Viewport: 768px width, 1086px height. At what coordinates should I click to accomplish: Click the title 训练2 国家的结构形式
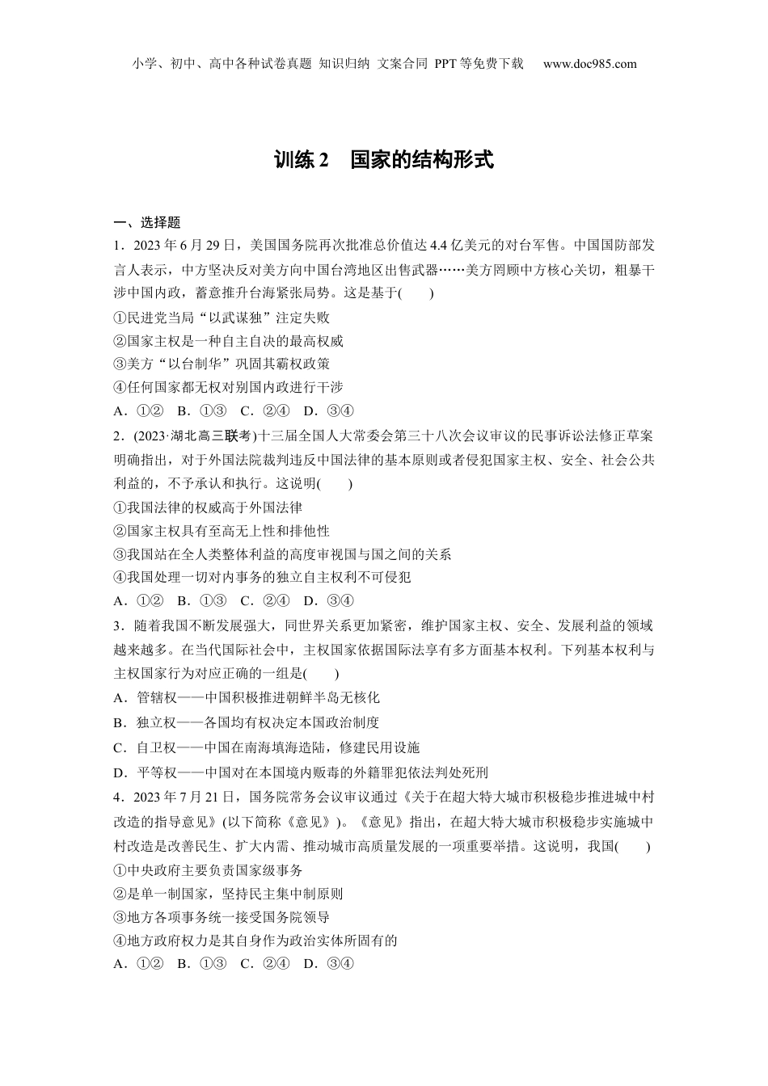pyautogui.click(x=383, y=160)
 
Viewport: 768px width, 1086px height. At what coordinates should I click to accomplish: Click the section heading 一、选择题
pyautogui.click(x=146, y=223)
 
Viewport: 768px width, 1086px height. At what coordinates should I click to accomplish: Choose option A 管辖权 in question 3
pyautogui.click(x=247, y=697)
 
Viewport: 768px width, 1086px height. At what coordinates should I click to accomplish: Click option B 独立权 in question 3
pyautogui.click(x=247, y=722)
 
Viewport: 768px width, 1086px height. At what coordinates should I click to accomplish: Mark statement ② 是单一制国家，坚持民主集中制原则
pyautogui.click(x=229, y=894)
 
